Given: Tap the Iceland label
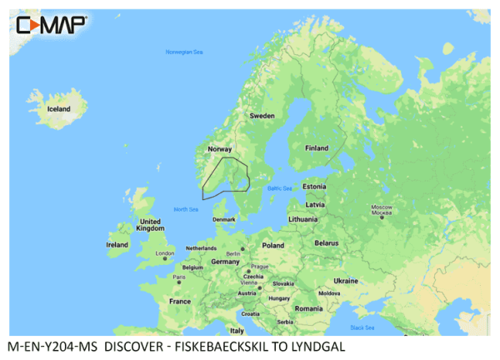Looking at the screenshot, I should (58, 108).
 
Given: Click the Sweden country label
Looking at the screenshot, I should (262, 115).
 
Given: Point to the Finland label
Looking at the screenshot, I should (317, 148).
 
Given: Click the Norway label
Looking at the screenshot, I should (219, 149).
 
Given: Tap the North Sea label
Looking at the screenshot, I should (185, 209).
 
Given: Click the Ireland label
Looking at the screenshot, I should (117, 245).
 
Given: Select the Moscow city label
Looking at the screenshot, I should (381, 209).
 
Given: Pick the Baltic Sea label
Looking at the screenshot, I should (280, 188).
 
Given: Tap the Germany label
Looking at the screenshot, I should (224, 261).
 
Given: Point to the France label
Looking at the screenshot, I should (180, 301).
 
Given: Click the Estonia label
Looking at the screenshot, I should (314, 186).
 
